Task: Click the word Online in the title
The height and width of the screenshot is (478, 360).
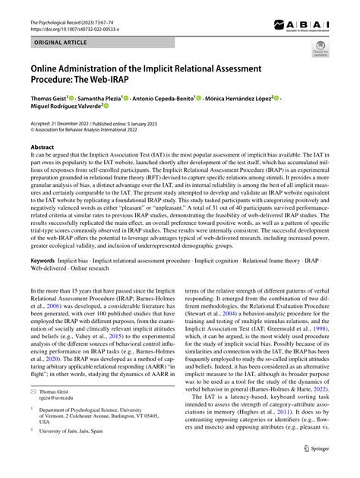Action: point(47,70)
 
